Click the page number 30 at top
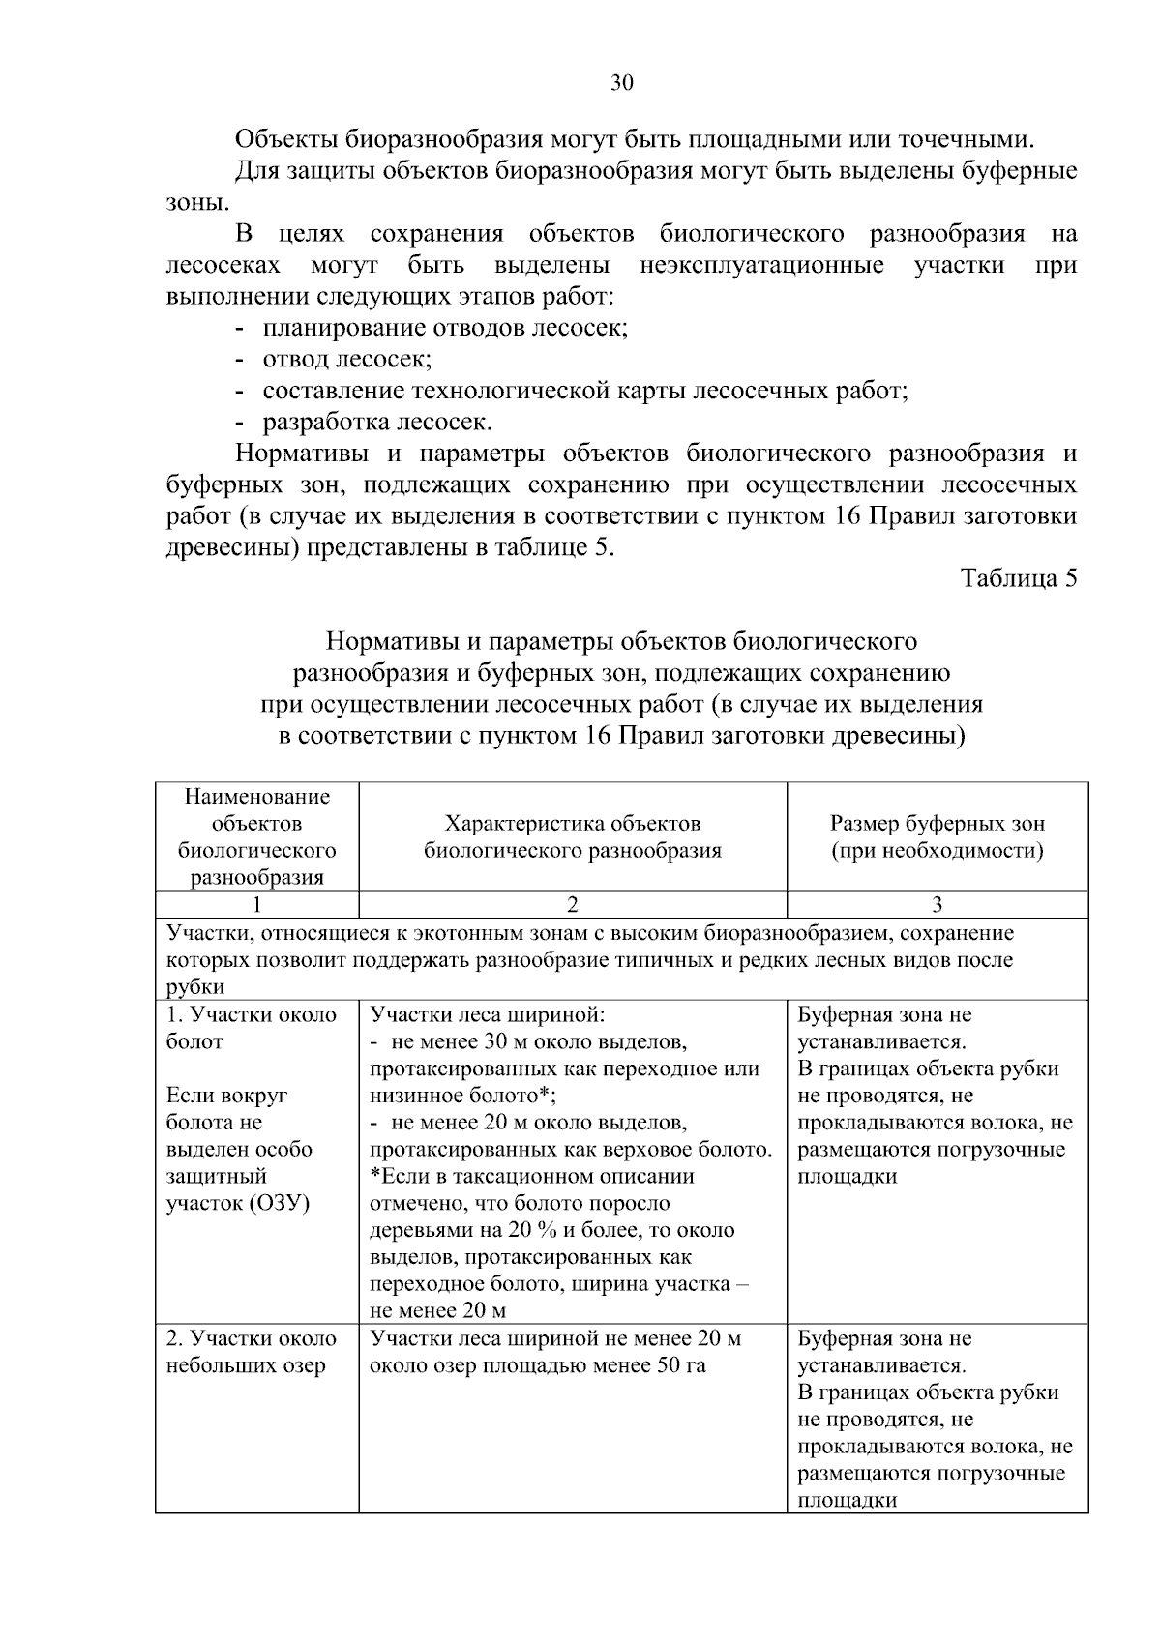pos(622,83)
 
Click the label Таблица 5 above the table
pos(1018,578)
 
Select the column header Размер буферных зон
pos(937,837)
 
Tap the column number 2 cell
pos(572,905)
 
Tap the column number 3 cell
pos(937,905)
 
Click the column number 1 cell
pos(256,905)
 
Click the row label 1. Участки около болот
pos(252,1028)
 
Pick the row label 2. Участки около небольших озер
pos(252,1352)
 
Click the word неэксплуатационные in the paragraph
pos(761,265)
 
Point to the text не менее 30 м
pos(455,1042)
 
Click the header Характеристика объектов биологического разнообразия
pos(572,837)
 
